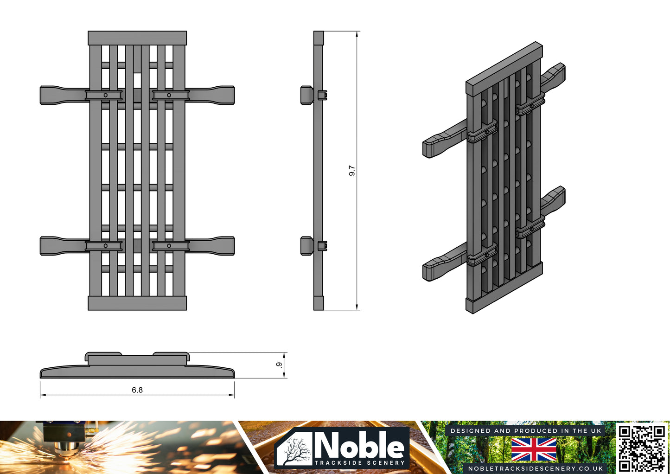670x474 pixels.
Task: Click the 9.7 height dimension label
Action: [352, 171]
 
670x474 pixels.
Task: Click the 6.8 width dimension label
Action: [137, 390]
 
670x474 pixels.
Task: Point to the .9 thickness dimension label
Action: [279, 365]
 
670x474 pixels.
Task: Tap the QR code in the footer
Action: [642, 448]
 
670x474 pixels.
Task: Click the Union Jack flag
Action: [534, 449]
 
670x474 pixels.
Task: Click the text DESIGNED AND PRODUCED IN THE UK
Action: [526, 431]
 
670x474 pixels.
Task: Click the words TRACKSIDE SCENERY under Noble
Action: [359, 463]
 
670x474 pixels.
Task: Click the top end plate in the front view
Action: [137, 38]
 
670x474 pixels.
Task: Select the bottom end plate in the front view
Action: [137, 303]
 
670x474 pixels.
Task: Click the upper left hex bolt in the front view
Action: [106, 95]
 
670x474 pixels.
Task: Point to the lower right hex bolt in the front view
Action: [169, 246]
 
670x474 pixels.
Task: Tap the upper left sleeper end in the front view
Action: [49, 95]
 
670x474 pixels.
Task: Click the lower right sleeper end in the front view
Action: [225, 246]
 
